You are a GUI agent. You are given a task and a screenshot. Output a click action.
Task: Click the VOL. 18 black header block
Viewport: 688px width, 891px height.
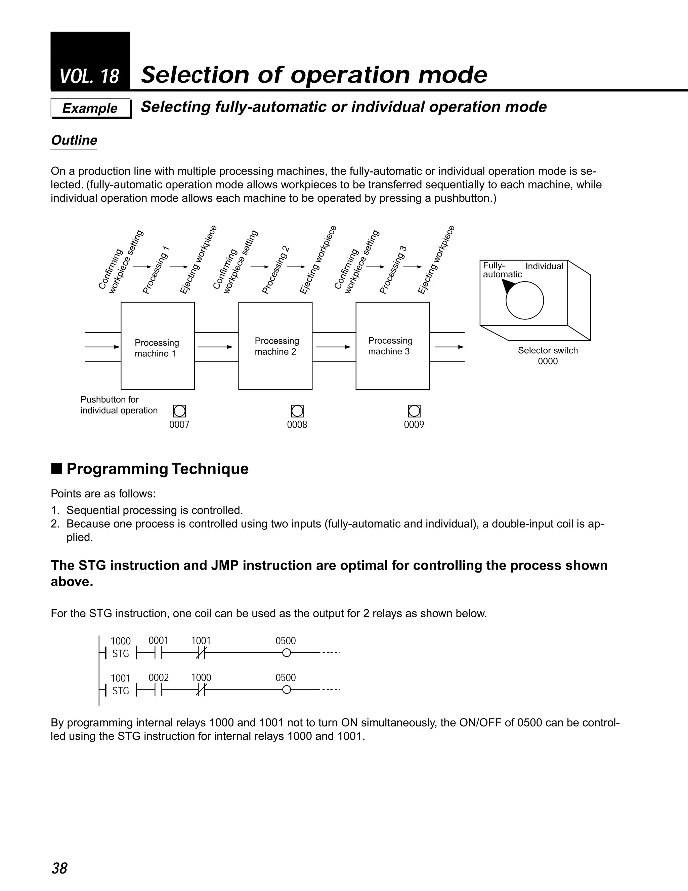pos(90,61)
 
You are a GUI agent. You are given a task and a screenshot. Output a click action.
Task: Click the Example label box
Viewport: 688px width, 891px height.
pos(90,108)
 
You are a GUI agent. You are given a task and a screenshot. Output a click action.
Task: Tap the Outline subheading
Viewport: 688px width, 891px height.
pos(74,140)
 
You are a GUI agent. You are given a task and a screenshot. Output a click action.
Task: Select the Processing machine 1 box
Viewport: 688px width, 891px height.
pos(157,346)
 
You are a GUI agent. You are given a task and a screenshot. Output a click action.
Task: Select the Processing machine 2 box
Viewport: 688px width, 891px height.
pos(275,346)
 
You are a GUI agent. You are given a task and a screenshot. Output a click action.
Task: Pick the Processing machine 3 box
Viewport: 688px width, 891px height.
pos(392,346)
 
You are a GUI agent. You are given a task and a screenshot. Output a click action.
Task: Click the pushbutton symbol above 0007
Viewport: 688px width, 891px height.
pos(179,411)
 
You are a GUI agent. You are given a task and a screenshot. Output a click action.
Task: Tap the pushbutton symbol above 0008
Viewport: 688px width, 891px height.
pos(297,411)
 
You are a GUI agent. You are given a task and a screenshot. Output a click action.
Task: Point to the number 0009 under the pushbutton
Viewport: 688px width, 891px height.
pos(414,425)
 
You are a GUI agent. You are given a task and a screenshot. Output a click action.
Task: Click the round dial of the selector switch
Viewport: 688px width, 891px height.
pos(524,301)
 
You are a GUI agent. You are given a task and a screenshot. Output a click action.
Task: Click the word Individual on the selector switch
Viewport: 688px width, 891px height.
pos(544,266)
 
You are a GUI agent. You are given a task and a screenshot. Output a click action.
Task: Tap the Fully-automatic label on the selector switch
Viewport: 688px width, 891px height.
pos(502,270)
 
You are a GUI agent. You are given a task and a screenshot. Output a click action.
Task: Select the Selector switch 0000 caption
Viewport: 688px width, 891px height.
pos(547,356)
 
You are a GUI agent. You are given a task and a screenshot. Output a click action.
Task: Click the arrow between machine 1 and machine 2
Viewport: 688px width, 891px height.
pos(216,347)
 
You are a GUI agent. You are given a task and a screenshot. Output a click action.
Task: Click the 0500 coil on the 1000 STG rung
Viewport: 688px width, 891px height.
pos(287,653)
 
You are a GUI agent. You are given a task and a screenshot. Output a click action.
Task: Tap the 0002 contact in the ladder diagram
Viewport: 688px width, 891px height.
pos(159,690)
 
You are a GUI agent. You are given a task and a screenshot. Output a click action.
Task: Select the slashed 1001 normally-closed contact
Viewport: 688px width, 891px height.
pos(201,653)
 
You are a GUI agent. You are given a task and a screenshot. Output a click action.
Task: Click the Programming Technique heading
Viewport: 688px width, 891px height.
pos(157,469)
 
